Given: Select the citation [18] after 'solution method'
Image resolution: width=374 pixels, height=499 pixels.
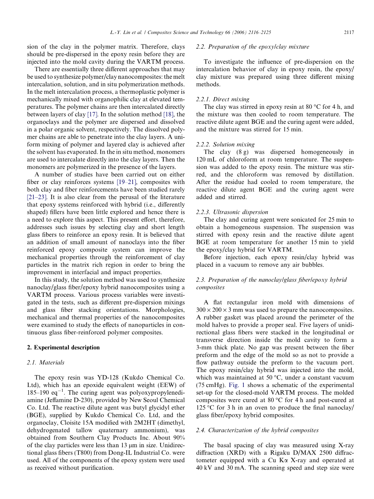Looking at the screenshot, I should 169,114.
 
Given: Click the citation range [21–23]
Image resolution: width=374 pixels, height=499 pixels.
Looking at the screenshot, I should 38,197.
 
